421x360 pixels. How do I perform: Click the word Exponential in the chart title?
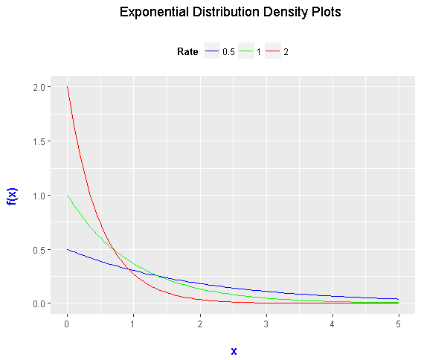click(x=152, y=13)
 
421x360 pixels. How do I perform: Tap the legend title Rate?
click(x=187, y=52)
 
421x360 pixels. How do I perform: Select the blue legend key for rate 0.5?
click(x=212, y=52)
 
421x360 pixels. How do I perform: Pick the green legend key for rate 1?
click(x=246, y=52)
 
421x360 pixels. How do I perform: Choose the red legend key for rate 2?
click(x=273, y=52)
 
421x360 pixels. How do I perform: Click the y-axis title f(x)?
click(x=12, y=195)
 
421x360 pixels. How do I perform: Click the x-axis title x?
click(x=234, y=350)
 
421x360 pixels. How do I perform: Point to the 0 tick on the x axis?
click(x=67, y=324)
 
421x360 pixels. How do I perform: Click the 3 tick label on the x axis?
click(x=266, y=324)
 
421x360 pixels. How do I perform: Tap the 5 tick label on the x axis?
click(x=399, y=324)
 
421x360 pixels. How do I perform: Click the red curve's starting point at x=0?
click(x=67, y=87)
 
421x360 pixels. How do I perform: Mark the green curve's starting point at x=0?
click(x=67, y=196)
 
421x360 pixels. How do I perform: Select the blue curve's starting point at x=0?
click(x=67, y=249)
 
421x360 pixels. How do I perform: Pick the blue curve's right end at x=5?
click(x=399, y=299)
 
